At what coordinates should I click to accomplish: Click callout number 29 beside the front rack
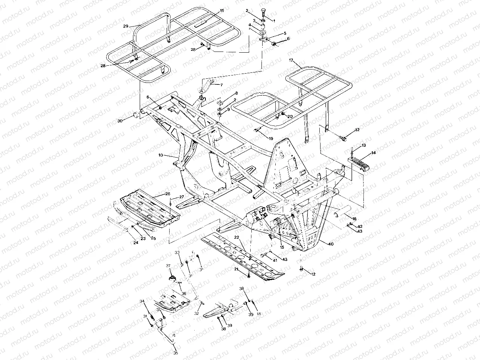pyautogui.click(x=126, y=26)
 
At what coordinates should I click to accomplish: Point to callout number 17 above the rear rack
pyautogui.click(x=291, y=60)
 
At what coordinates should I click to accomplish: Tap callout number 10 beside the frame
pyautogui.click(x=161, y=155)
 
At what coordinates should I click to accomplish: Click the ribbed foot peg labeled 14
pyautogui.click(x=357, y=164)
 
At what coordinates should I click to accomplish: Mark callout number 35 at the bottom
pyautogui.click(x=176, y=353)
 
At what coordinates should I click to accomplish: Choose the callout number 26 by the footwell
pyautogui.click(x=168, y=194)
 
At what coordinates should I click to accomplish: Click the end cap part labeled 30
pyautogui.click(x=136, y=115)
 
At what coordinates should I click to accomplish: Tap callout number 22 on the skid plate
pyautogui.click(x=236, y=238)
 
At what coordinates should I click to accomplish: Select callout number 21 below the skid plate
pyautogui.click(x=236, y=269)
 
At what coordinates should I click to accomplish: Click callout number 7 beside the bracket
pyautogui.click(x=221, y=85)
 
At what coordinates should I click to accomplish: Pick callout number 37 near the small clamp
pyautogui.click(x=168, y=266)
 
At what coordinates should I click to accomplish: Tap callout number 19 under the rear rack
pyautogui.click(x=271, y=138)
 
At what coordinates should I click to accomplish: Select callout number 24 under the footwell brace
pyautogui.click(x=136, y=243)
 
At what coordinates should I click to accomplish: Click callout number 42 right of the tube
pyautogui.click(x=360, y=227)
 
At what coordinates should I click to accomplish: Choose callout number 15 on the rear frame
pyautogui.click(x=282, y=246)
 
